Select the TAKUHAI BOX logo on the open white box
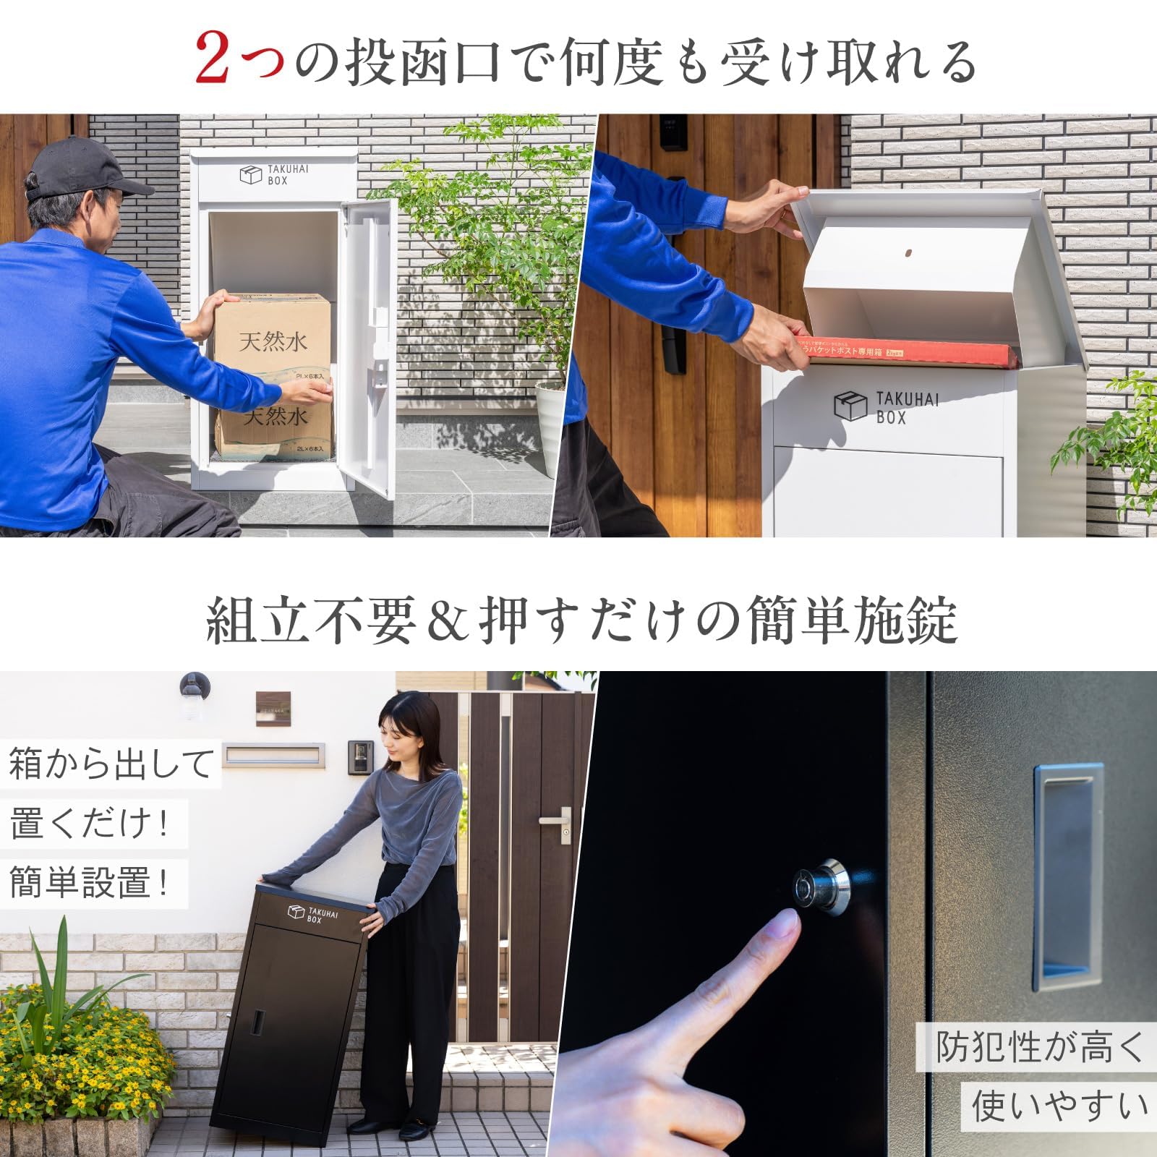(274, 175)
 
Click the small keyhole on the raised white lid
(909, 254)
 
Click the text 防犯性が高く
(1038, 1046)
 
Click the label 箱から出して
(111, 764)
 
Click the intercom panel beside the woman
(360, 757)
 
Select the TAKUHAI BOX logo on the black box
(313, 914)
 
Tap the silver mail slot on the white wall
(273, 756)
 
